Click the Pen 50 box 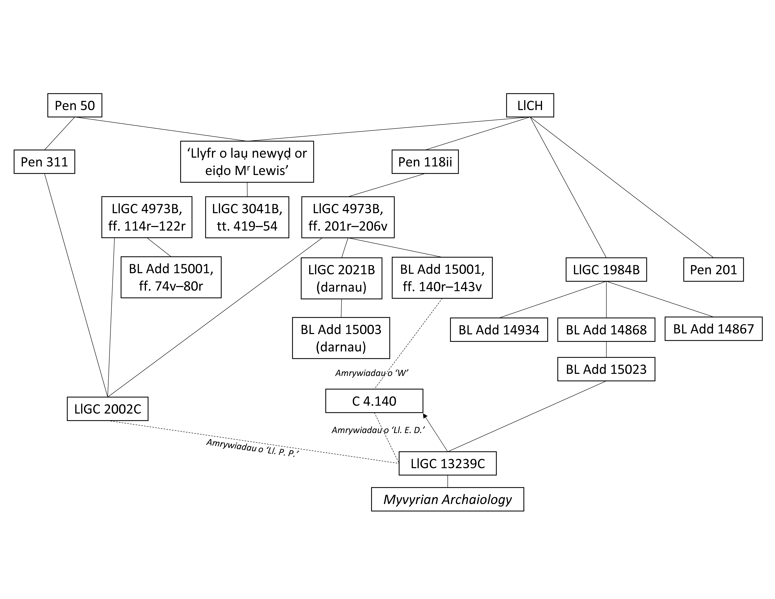75,105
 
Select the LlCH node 530,105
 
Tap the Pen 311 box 44,162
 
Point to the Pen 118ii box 425,162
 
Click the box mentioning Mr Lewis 247,162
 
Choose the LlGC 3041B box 247,217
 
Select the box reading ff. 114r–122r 147,217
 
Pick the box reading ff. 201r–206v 348,217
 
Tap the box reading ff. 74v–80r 171,277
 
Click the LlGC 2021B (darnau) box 341,278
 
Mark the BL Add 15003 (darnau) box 341,338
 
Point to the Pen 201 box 713,270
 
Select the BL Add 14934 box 499,330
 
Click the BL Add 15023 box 606,369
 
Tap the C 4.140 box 374,401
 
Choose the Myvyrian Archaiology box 448,499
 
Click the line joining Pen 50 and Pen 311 60,133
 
